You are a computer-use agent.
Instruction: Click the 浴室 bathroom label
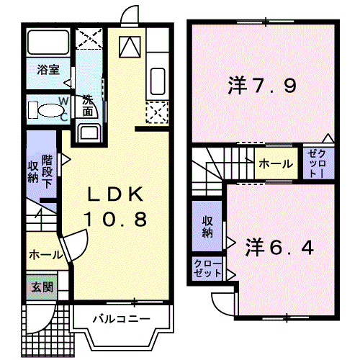pyautogui.click(x=48, y=70)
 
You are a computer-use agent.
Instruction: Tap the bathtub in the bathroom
pyautogui.click(x=48, y=42)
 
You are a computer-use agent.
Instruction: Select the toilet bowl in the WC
pyautogui.click(x=51, y=111)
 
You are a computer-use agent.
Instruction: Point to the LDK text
pyautogui.click(x=116, y=194)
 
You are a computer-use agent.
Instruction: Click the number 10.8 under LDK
pyautogui.click(x=116, y=220)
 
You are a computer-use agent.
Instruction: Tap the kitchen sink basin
pyautogui.click(x=158, y=81)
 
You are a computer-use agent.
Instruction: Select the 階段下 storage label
pyautogui.click(x=48, y=172)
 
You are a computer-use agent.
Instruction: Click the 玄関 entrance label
pyautogui.click(x=42, y=287)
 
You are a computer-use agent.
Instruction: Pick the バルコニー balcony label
pyautogui.click(x=122, y=319)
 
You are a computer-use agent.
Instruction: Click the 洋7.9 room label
pyautogui.click(x=262, y=86)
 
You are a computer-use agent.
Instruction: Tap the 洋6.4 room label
pyautogui.click(x=279, y=248)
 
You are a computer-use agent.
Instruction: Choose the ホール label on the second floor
pyautogui.click(x=276, y=164)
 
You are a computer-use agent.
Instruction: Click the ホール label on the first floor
pyautogui.click(x=45, y=255)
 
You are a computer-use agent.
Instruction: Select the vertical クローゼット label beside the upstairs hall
pyautogui.click(x=318, y=163)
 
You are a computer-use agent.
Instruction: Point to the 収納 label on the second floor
pyautogui.click(x=207, y=227)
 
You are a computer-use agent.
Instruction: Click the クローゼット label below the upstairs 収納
pyautogui.click(x=207, y=269)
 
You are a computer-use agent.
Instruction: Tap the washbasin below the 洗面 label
pyautogui.click(x=89, y=132)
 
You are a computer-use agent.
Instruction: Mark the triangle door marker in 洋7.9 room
pyautogui.click(x=328, y=138)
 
